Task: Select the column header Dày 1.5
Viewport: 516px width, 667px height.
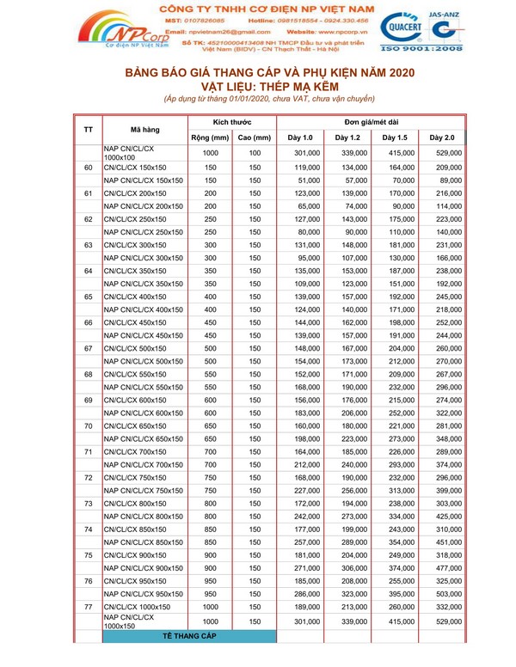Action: (x=395, y=138)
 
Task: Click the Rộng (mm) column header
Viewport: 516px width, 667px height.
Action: (x=210, y=138)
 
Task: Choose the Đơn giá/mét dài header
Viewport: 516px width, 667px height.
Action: (x=371, y=123)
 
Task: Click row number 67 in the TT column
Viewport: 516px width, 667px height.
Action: (x=89, y=349)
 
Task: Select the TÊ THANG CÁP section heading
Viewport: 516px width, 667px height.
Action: (x=190, y=636)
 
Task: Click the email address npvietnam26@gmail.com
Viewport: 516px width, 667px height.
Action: (x=226, y=31)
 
